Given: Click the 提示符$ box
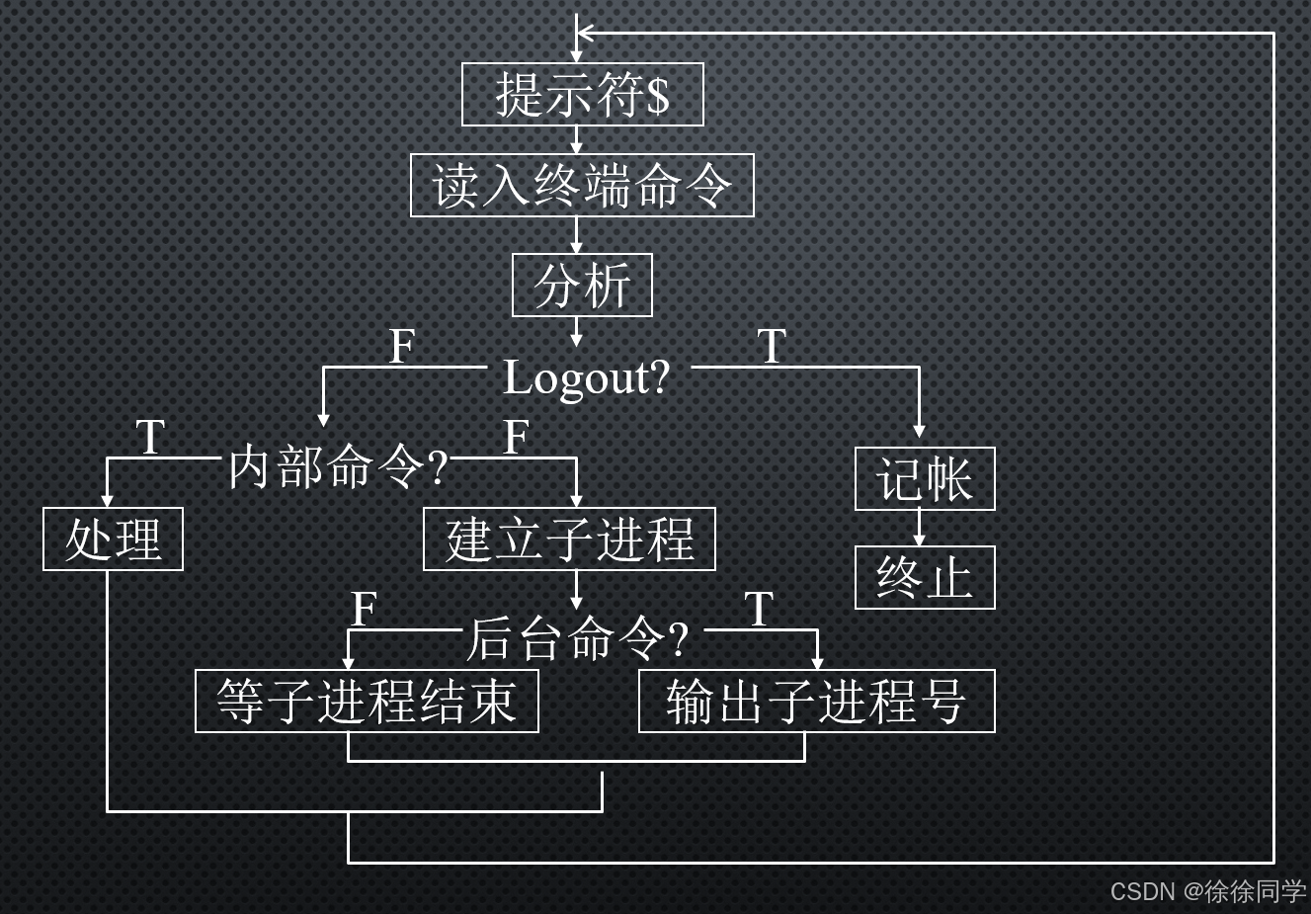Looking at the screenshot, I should click(582, 95).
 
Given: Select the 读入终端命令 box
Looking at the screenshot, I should click(582, 186).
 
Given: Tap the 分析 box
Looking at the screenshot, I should click(582, 286).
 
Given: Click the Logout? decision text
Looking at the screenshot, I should click(587, 377).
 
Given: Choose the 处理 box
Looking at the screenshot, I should click(113, 540).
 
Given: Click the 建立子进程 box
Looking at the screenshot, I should click(569, 540).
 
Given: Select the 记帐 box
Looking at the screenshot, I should click(924, 479).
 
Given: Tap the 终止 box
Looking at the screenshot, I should click(924, 578).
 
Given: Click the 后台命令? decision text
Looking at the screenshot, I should click(577, 639).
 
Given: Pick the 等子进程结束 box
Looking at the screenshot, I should click(367, 702).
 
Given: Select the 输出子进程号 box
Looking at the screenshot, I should click(816, 702).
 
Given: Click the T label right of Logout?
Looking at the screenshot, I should click(772, 347).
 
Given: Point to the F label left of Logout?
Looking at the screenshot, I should click(401, 347).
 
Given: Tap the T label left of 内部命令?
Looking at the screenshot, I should click(150, 438).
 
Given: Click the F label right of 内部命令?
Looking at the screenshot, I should click(516, 438).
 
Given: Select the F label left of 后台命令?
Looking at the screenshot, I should click(364, 610).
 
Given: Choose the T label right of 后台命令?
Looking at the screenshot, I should click(758, 610).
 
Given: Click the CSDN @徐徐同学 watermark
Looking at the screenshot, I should click(1207, 891).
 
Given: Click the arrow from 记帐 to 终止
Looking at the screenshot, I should click(919, 529).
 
